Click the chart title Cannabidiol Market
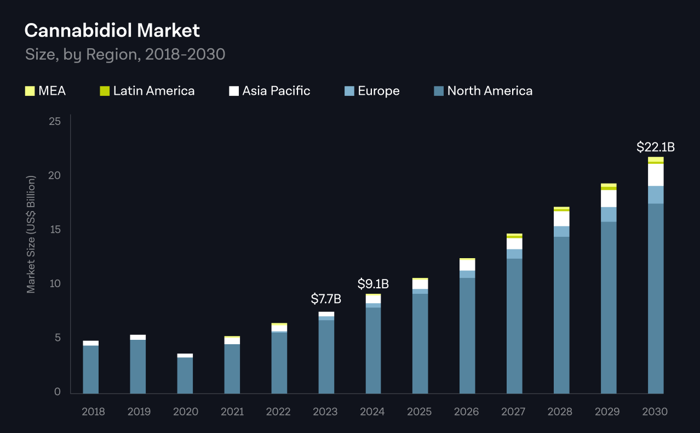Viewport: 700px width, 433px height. [x=112, y=31]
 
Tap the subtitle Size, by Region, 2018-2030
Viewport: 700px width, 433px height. [x=125, y=54]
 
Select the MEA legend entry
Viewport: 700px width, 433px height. [x=45, y=91]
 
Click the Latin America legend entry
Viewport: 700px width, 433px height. [x=147, y=91]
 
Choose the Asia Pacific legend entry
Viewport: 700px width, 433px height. [x=269, y=91]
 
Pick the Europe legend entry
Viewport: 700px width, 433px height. [x=372, y=91]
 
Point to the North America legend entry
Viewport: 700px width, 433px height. [x=483, y=91]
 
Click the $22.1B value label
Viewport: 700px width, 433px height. [x=655, y=147]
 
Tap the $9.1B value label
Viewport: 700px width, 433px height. [x=373, y=284]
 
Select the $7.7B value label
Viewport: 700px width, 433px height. [x=326, y=299]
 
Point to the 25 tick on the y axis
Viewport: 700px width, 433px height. [x=54, y=121]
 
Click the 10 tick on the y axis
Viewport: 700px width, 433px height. [x=54, y=284]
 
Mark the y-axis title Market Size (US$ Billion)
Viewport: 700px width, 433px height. [x=31, y=234]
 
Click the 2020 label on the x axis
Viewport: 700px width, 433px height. [x=185, y=412]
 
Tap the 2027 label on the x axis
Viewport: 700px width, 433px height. [x=514, y=412]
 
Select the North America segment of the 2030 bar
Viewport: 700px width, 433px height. [x=655, y=299]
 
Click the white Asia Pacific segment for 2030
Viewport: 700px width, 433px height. [x=655, y=175]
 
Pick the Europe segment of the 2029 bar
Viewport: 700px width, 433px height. [x=609, y=214]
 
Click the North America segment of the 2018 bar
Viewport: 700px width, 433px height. [x=90, y=369]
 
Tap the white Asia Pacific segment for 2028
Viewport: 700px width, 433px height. [x=561, y=219]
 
